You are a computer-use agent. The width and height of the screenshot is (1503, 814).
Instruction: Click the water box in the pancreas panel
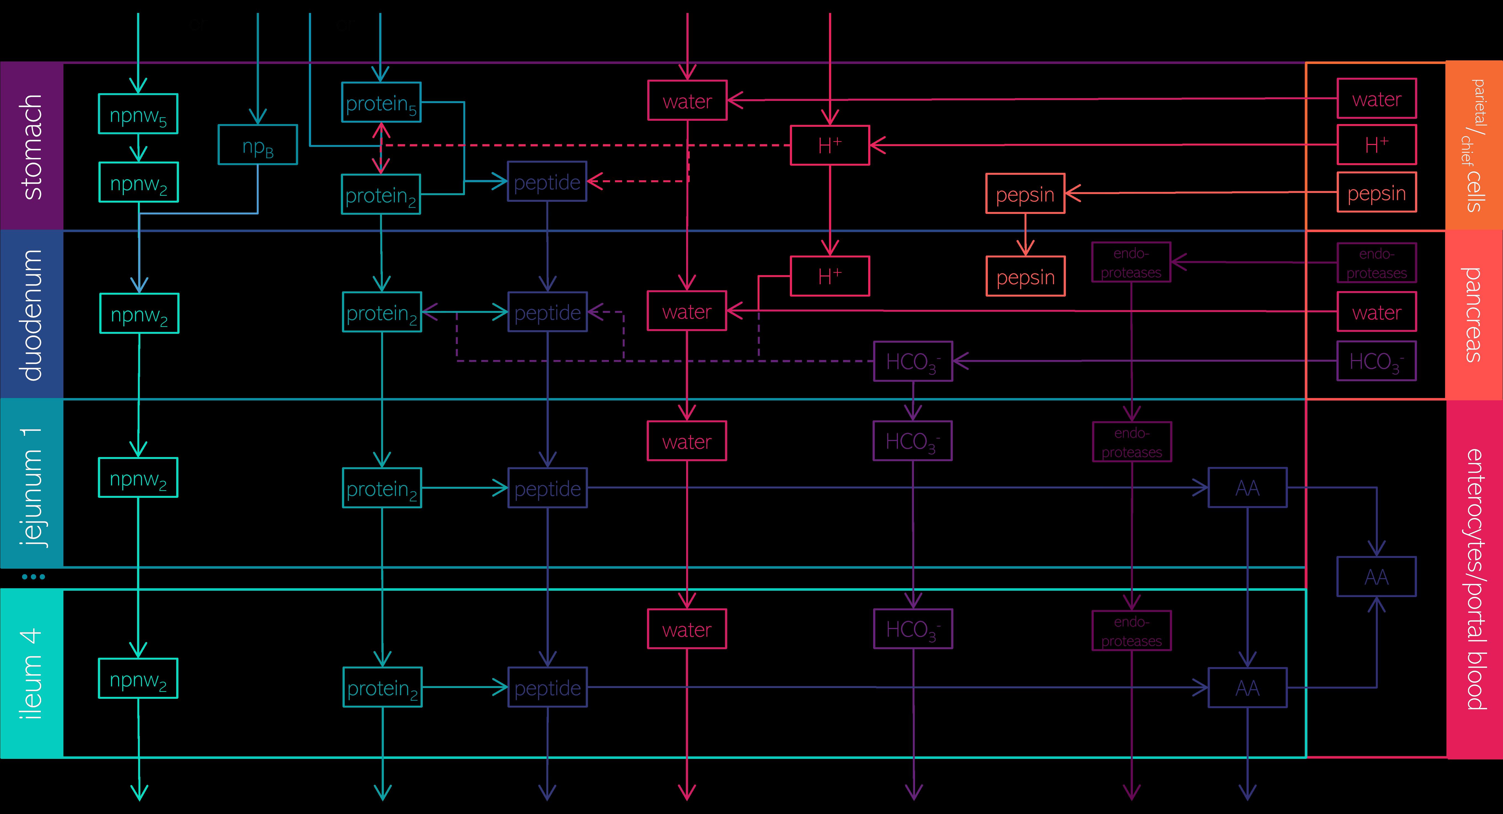point(1376,312)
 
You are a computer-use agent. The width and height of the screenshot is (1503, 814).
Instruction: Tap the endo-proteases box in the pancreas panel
point(1376,263)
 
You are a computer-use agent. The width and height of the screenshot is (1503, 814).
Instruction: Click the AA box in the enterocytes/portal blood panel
point(1376,577)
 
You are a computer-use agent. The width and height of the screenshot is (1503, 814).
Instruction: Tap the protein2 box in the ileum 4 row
point(382,687)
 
